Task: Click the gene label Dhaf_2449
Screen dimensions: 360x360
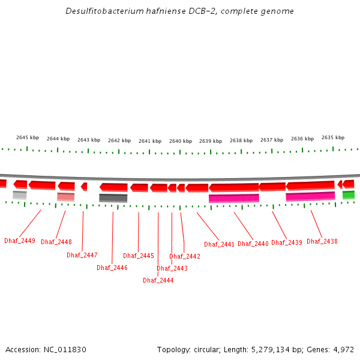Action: point(20,241)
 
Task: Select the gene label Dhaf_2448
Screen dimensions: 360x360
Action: point(56,242)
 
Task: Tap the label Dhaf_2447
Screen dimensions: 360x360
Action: point(82,255)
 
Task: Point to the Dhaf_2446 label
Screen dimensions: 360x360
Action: point(112,268)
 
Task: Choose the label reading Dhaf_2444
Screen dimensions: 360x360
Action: point(158,280)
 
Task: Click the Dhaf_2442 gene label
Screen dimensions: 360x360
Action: point(185,256)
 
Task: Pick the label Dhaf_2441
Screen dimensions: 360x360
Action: point(220,244)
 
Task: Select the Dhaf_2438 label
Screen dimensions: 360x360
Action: point(322,241)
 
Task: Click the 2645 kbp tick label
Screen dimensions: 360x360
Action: point(28,137)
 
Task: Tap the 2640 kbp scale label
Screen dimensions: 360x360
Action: point(181,141)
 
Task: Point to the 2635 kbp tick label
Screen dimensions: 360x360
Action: point(333,137)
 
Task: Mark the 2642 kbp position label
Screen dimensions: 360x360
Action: point(119,140)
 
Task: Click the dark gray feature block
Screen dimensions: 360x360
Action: point(113,198)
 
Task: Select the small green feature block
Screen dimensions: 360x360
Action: point(349,194)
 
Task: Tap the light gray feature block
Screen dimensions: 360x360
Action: point(20,195)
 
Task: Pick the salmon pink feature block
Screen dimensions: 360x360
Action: point(66,197)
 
